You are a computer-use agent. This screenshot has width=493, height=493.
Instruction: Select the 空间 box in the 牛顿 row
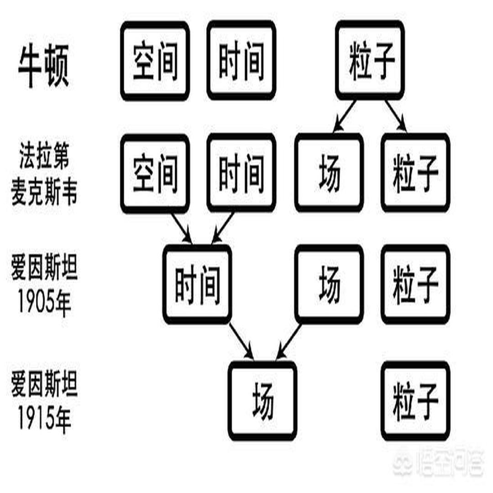[155, 61]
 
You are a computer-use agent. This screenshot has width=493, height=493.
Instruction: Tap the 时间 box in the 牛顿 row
[241, 61]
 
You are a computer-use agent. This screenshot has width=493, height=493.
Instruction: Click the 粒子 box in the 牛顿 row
[370, 61]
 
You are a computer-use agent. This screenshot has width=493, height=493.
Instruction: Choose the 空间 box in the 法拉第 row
[155, 173]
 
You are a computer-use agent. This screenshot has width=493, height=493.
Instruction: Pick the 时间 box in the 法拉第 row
[241, 173]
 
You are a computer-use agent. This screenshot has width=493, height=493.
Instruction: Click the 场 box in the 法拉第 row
[329, 173]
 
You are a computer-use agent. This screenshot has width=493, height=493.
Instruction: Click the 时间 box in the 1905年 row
[197, 284]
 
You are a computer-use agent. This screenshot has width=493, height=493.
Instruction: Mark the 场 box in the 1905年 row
[329, 284]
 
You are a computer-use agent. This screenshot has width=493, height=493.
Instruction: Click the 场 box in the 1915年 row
[263, 400]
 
